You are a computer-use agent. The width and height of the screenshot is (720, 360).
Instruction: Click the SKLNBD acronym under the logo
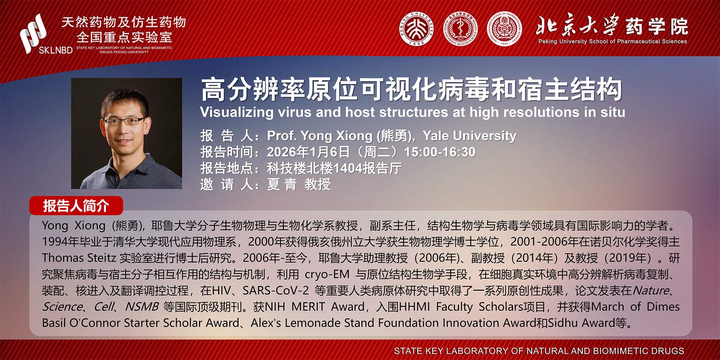click(56, 50)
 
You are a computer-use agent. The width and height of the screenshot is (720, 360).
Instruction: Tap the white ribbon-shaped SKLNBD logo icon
click(33, 33)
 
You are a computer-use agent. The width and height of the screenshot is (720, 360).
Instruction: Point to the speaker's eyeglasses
click(124, 121)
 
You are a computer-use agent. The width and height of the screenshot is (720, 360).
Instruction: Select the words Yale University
click(469, 136)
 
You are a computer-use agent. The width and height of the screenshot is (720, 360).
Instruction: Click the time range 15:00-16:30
click(440, 152)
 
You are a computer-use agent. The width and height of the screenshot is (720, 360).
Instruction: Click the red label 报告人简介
click(76, 206)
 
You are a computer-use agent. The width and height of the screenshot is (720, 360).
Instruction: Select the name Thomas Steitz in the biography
click(79, 258)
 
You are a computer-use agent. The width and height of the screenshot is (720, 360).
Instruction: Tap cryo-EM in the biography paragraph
click(327, 274)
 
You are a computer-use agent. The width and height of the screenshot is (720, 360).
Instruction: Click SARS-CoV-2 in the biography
click(276, 290)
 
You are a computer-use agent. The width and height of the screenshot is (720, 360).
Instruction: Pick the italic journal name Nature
click(651, 290)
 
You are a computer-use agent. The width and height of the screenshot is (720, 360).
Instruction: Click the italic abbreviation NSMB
click(142, 306)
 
